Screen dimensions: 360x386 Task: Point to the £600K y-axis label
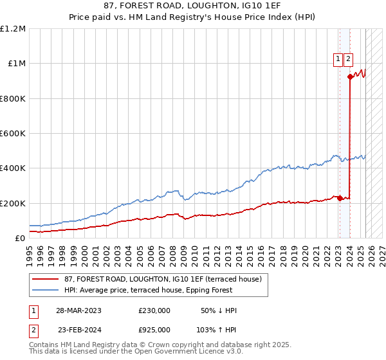pos(12,134)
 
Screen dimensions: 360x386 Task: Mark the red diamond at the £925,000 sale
pos(350,76)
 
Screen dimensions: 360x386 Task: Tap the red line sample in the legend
pos(45,280)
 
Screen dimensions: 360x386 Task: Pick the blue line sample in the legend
pos(45,290)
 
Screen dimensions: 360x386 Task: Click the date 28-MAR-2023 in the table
pos(78,310)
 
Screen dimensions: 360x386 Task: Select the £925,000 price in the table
pos(154,329)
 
